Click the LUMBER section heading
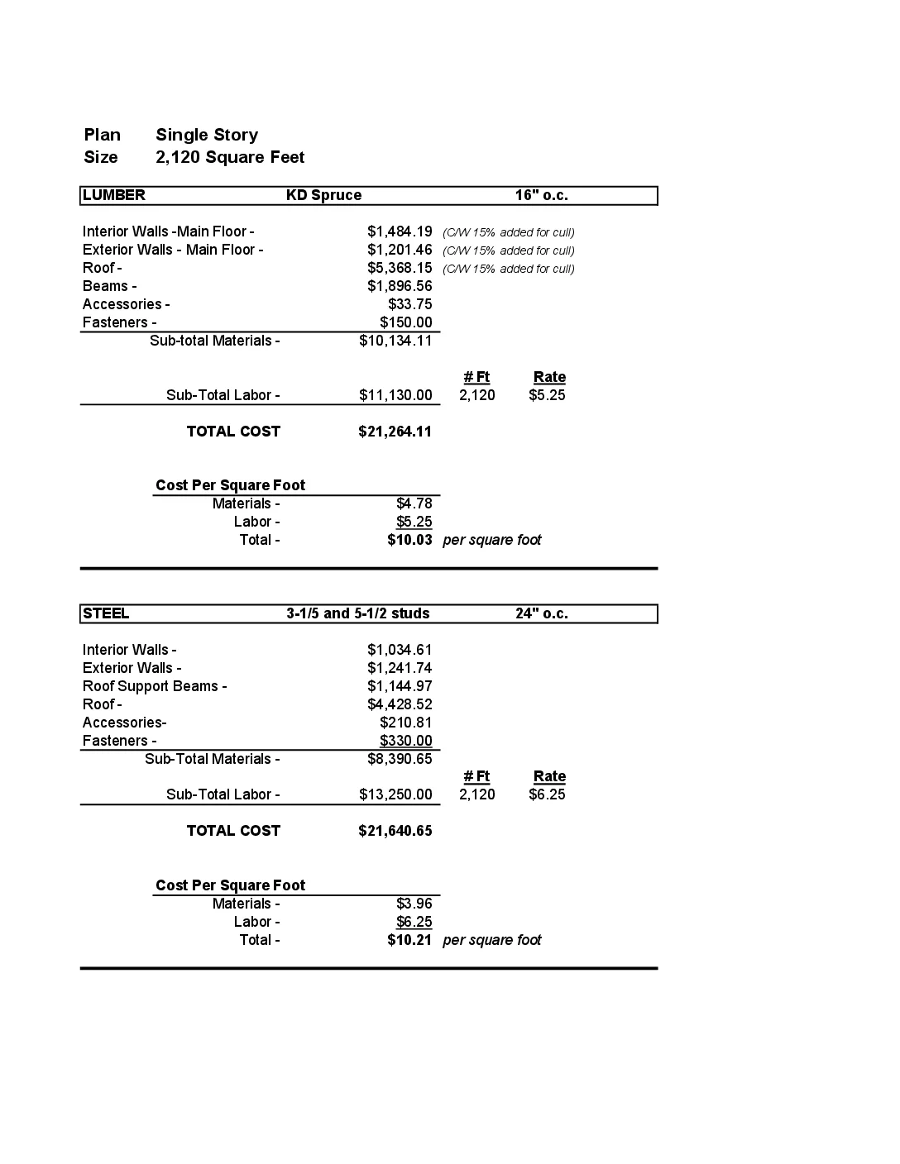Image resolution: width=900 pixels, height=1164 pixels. (114, 195)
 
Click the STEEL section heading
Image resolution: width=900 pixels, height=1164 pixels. (106, 613)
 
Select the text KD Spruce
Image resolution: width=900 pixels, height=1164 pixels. (323, 195)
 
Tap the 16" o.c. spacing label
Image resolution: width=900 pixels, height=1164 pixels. (541, 195)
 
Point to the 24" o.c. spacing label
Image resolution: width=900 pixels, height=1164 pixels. (541, 613)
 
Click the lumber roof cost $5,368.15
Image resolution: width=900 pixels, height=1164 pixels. (400, 268)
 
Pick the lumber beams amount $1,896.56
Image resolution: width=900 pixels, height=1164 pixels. (400, 286)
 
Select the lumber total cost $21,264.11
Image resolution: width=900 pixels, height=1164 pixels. (395, 432)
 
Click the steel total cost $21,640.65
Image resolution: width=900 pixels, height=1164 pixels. (395, 831)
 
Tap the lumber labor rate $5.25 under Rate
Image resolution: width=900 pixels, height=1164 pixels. (547, 395)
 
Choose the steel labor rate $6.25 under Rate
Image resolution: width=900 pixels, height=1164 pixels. (547, 794)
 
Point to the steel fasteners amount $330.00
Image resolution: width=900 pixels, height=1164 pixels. (405, 741)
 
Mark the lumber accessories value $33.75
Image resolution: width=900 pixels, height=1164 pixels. (409, 304)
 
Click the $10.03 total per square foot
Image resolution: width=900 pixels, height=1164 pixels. (409, 540)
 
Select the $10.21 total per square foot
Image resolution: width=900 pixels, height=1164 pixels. (409, 940)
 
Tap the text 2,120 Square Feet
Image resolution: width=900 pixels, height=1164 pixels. (230, 157)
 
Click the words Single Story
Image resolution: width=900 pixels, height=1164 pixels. (207, 135)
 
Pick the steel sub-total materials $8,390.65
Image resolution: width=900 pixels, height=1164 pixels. (400, 759)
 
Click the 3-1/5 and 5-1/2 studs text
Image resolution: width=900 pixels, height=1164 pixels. (358, 613)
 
